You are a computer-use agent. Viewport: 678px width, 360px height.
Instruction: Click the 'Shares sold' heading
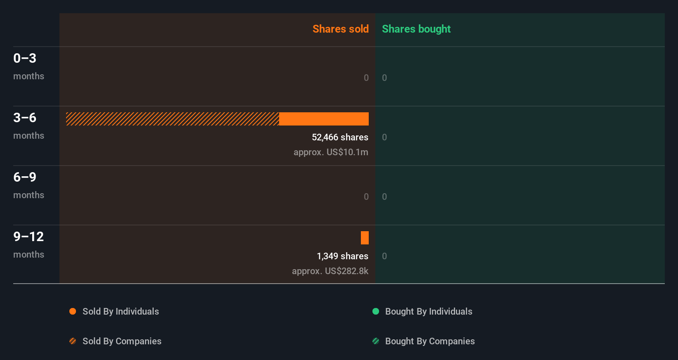[x=340, y=29]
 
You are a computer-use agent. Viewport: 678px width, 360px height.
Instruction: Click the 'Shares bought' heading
[x=416, y=29]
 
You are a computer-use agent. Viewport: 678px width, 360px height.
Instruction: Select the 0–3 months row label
[x=28, y=66]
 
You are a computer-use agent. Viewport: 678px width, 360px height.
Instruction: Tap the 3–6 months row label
[x=28, y=126]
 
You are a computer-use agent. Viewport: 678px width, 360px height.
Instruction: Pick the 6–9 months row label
[x=28, y=185]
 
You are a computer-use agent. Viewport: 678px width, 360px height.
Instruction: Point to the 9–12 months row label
[x=28, y=244]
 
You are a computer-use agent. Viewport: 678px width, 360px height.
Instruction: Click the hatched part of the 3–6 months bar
[x=172, y=119]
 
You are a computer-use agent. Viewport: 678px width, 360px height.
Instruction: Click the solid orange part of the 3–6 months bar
[x=324, y=119]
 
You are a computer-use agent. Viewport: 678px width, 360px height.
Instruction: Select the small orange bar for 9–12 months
[x=365, y=238]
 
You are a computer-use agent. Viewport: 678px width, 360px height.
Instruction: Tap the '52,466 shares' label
[x=340, y=137]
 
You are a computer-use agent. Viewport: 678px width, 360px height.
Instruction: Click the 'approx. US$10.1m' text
[x=331, y=152]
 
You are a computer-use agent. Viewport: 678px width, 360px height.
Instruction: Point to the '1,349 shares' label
[x=342, y=256]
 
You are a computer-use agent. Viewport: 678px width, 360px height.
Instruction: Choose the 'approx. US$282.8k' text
[x=330, y=271]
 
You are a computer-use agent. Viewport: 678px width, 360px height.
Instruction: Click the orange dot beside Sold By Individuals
[x=73, y=311]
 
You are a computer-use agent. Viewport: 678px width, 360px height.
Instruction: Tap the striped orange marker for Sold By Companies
[x=73, y=341]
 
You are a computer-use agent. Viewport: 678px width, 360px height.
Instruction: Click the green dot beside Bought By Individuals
[x=376, y=311]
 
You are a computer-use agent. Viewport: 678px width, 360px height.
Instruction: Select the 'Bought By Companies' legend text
[x=430, y=341]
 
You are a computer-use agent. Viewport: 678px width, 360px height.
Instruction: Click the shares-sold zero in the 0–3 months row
[x=366, y=78]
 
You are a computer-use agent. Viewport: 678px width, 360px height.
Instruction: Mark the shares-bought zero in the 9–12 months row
[x=384, y=256]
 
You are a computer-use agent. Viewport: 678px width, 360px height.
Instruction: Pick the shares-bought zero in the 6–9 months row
[x=384, y=197]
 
